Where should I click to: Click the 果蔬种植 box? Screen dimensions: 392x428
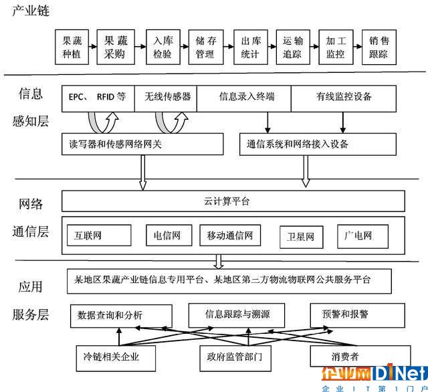tap(72, 46)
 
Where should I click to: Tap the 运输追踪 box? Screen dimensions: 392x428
tap(292, 46)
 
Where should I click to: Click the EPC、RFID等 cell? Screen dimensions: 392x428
tap(97, 97)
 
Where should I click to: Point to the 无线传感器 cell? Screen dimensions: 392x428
tap(167, 97)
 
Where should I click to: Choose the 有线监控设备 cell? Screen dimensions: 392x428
tap(344, 97)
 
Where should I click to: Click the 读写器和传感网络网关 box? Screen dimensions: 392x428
tap(142, 144)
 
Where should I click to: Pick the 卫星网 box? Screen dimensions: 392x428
tap(300, 236)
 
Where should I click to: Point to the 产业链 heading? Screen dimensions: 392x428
tap(30, 12)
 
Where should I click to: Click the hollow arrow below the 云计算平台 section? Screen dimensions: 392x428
tap(218, 260)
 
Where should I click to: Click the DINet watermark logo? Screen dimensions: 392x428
tap(374, 375)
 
